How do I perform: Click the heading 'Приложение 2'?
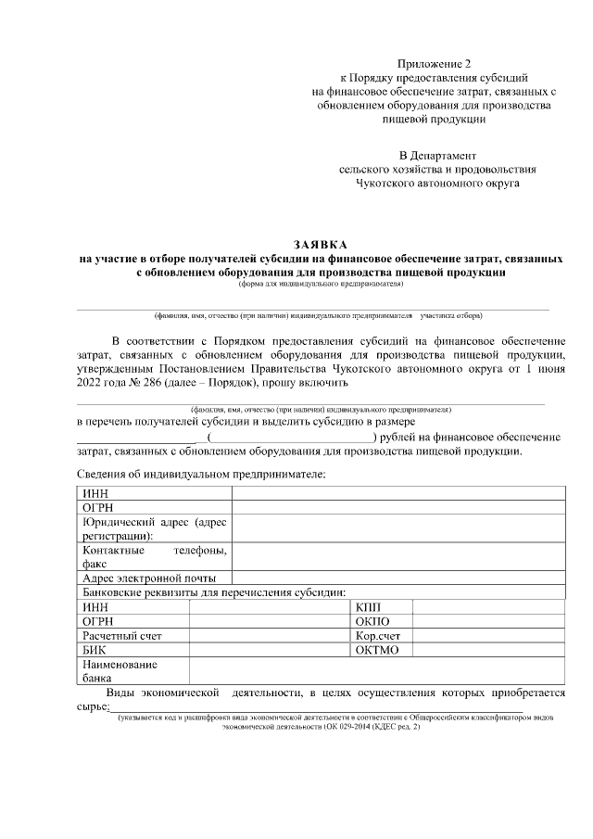434,63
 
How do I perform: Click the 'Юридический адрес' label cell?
154,528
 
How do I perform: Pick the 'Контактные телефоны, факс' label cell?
154,556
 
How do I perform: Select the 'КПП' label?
368,606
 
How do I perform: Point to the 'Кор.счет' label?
377,636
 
